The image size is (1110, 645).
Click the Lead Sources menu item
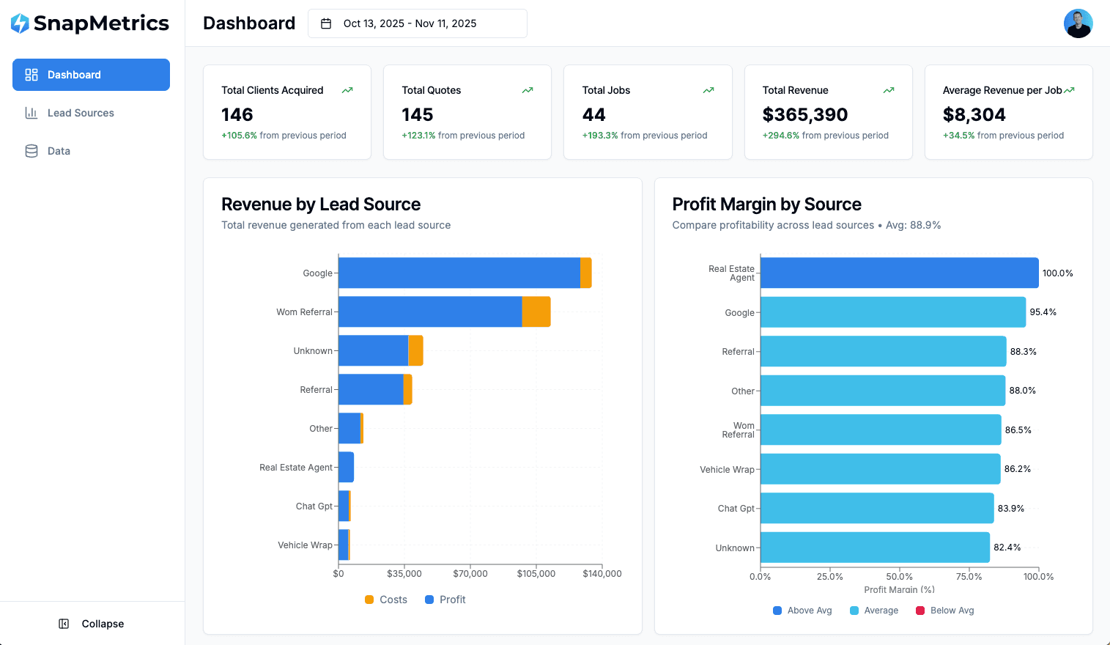pyautogui.click(x=81, y=113)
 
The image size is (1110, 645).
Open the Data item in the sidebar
pyautogui.click(x=59, y=151)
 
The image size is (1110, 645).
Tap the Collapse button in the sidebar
pyautogui.click(x=92, y=624)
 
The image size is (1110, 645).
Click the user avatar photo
pyautogui.click(x=1078, y=23)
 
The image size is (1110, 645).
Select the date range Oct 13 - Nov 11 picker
pyautogui.click(x=417, y=23)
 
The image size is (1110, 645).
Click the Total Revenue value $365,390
pyautogui.click(x=804, y=115)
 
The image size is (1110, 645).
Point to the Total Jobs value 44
pyautogui.click(x=593, y=115)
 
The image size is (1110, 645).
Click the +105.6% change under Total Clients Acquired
pyautogui.click(x=240, y=136)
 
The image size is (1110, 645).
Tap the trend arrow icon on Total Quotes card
pyautogui.click(x=528, y=90)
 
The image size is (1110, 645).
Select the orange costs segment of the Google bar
pyautogui.click(x=585, y=273)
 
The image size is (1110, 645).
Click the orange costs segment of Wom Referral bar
pyautogui.click(x=536, y=312)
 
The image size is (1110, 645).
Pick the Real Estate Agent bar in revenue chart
pyautogui.click(x=346, y=467)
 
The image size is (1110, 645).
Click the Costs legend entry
pyautogui.click(x=386, y=600)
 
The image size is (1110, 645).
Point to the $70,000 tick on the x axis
pyautogui.click(x=470, y=574)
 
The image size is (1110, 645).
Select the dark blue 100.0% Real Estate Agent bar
pyautogui.click(x=899, y=273)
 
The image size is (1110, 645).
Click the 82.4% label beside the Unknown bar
pyautogui.click(x=1007, y=548)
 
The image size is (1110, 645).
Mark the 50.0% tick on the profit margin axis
pyautogui.click(x=899, y=577)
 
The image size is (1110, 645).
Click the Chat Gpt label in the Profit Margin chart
pyautogui.click(x=736, y=509)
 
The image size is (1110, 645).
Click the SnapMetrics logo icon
pyautogui.click(x=21, y=23)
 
